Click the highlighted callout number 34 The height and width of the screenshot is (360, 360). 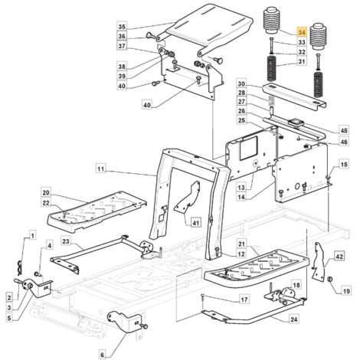click(x=302, y=32)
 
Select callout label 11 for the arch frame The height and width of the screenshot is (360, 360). click(x=101, y=169)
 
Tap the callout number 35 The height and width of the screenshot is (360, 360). click(x=122, y=27)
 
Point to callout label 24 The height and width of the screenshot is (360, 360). click(x=294, y=319)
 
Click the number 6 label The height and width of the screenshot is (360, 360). click(x=102, y=355)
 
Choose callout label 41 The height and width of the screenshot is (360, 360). click(x=195, y=223)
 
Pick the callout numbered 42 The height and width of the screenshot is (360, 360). click(x=339, y=256)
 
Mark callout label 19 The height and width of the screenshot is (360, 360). click(x=346, y=291)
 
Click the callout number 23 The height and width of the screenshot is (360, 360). click(x=66, y=241)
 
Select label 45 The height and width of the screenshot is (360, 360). click(x=344, y=130)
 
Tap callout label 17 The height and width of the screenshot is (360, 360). click(x=244, y=299)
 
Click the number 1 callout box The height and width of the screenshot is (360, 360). click(x=32, y=235)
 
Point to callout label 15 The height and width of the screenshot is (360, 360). click(x=344, y=164)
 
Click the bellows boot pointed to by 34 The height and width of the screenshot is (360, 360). click(x=271, y=21)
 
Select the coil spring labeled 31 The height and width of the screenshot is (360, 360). click(x=272, y=68)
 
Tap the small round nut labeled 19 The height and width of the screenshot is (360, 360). click(x=329, y=280)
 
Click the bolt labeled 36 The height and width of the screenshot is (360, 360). click(x=150, y=35)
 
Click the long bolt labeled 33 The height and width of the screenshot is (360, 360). click(x=272, y=44)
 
